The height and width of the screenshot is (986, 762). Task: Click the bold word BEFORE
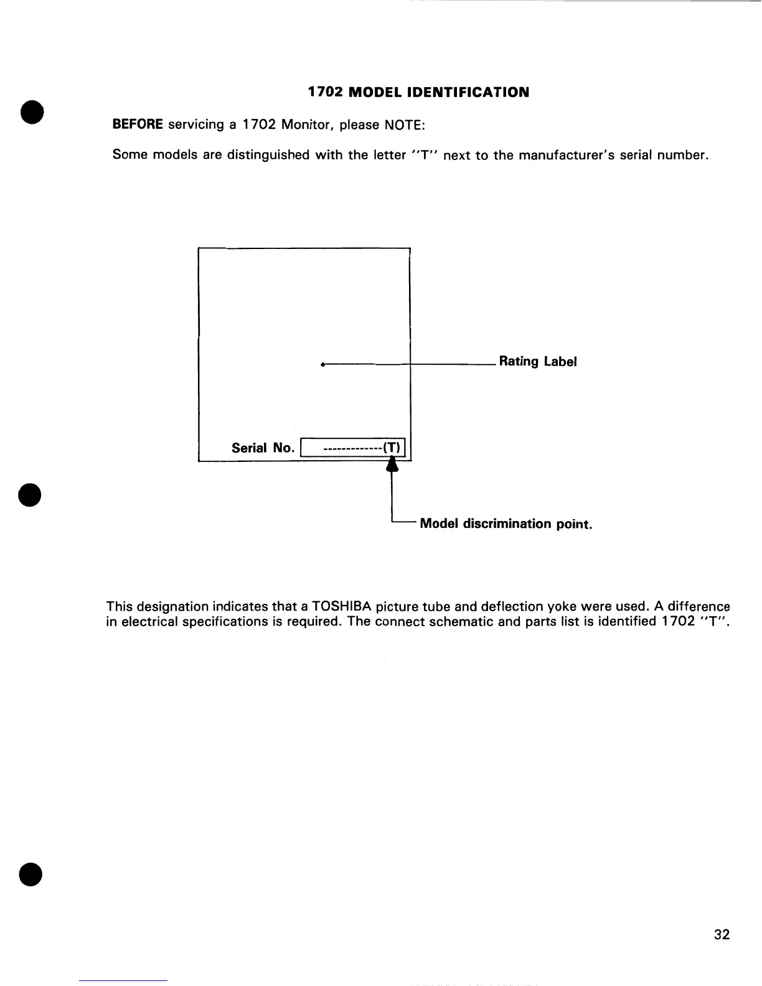tap(137, 124)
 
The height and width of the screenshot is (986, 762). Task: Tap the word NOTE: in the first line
tap(404, 124)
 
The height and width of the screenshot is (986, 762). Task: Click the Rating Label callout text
tap(538, 362)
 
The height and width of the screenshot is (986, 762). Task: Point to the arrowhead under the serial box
tap(391, 465)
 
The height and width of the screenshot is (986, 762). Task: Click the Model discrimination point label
tap(506, 524)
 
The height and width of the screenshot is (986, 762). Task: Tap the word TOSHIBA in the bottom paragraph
tap(342, 606)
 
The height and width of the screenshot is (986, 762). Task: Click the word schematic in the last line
tap(456, 621)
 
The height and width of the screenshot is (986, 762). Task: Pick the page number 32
tap(722, 934)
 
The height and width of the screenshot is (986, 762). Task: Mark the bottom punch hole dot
tap(30, 874)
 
